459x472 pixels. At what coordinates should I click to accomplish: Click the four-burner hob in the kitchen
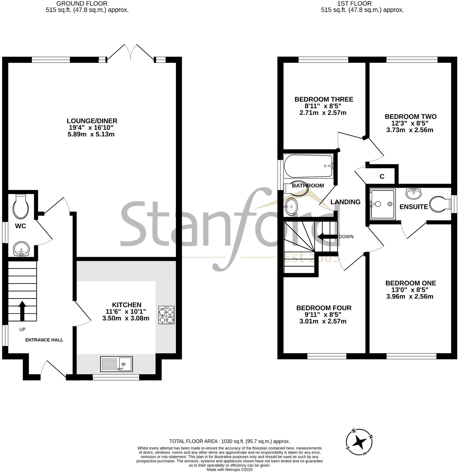point(166,315)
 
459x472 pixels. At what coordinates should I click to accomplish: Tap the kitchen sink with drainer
point(116,364)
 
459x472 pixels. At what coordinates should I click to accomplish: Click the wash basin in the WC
point(21,249)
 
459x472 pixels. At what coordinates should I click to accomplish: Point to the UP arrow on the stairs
point(22,311)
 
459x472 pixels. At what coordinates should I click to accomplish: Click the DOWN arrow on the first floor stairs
point(328,237)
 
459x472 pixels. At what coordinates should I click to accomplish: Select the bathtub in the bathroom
point(308,166)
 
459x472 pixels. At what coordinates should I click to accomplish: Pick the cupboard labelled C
point(382,177)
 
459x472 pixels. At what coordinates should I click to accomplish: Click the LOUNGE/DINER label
point(92,121)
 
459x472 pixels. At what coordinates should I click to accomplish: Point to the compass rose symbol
point(359,442)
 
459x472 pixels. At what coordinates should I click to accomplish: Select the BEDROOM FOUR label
point(324,308)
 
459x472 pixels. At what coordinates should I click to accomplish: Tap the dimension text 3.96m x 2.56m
point(410,296)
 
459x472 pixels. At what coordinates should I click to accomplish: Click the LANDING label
point(345,202)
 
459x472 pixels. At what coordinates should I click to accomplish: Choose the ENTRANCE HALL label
point(44,340)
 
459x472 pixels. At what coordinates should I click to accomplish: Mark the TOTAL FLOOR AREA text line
point(230,441)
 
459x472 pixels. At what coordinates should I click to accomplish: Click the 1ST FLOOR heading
point(354,4)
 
